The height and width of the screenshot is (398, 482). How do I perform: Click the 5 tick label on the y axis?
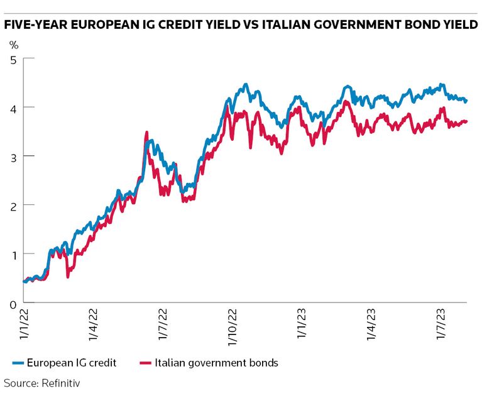[13, 59]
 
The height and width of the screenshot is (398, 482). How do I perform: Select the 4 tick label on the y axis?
[13, 108]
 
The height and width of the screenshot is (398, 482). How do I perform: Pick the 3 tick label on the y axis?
[13, 156]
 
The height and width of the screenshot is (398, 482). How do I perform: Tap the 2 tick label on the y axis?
[13, 205]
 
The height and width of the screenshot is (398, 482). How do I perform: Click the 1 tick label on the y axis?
[13, 254]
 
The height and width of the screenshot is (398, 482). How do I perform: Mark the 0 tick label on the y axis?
[13, 303]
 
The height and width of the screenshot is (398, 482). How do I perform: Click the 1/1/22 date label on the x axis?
[25, 324]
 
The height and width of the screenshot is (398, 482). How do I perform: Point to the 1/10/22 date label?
[232, 328]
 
